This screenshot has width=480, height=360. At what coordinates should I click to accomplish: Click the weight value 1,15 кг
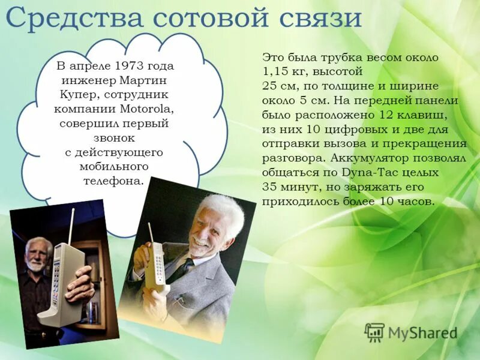pos(286,72)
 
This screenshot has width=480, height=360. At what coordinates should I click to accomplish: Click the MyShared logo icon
pos(374,332)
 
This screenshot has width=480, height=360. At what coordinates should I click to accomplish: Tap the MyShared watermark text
pos(422,333)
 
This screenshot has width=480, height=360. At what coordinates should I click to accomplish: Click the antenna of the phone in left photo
pos(71,226)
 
